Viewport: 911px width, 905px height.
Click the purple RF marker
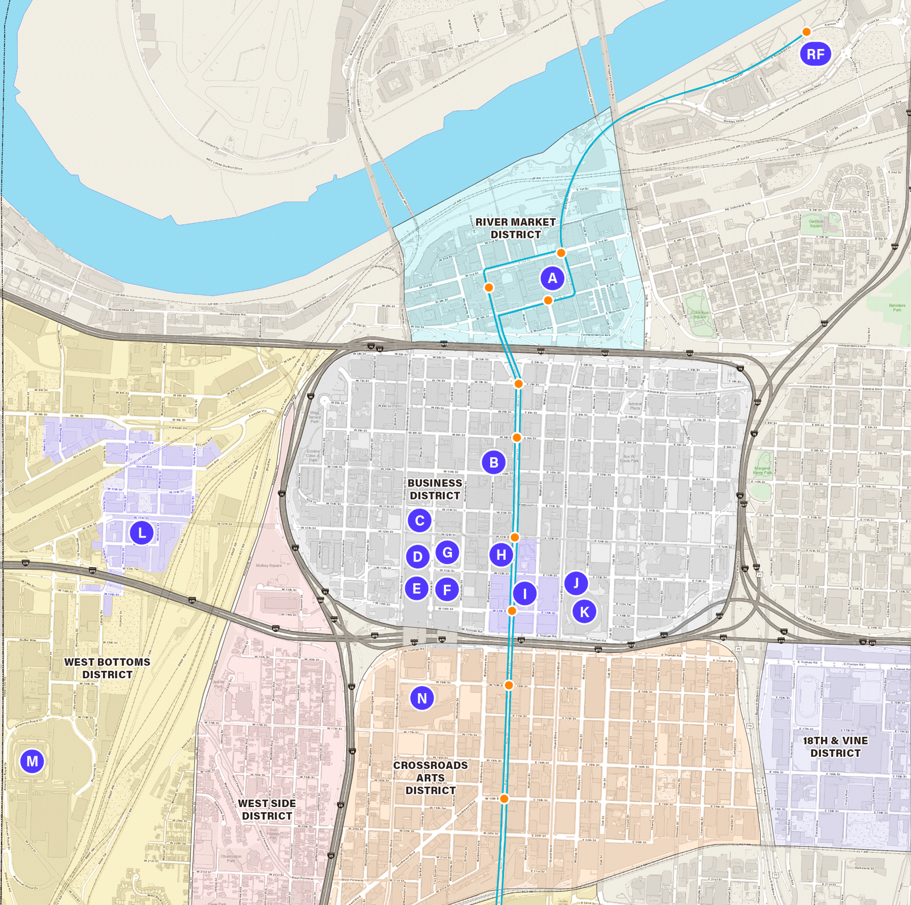pos(815,54)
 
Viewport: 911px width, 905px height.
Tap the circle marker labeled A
pos(552,279)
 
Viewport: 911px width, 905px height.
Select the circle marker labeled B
pos(494,462)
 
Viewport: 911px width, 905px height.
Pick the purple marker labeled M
pos(32,761)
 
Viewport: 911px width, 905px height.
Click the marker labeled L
pos(142,533)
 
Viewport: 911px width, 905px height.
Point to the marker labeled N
pos(422,698)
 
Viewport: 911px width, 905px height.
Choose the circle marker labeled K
pos(584,612)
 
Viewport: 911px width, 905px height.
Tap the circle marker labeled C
pos(420,520)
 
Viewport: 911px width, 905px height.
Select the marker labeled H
pos(501,555)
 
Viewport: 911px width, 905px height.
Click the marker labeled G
pos(448,552)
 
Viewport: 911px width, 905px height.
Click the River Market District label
pos(516,228)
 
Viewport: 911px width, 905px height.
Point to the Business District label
pos(435,489)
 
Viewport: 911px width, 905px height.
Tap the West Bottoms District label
pos(107,668)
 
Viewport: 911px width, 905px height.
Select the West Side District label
pos(266,809)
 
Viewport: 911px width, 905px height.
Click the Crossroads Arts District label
pos(430,777)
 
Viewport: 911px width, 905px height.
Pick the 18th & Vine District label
pos(835,747)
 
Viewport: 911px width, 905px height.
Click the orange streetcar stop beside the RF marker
pos(806,32)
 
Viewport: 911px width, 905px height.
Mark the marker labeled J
pos(576,583)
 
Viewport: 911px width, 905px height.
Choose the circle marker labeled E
pos(417,588)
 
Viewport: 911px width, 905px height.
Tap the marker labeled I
pos(525,593)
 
